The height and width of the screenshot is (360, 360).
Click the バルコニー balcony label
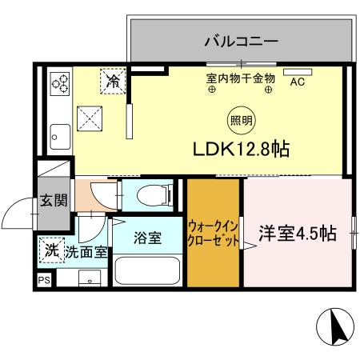coord(240,39)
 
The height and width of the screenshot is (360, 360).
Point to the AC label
coord(297,82)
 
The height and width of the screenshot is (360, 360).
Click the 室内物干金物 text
coord(240,78)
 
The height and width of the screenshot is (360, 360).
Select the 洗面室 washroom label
coord(87,251)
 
